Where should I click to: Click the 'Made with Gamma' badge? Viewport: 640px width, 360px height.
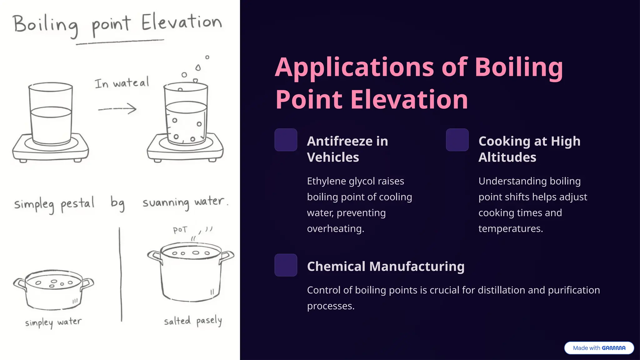coord(599,348)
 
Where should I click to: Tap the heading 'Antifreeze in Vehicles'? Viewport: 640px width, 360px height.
coord(347,149)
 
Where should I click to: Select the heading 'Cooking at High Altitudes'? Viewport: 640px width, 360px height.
coord(529,149)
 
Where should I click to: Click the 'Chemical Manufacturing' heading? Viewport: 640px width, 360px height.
coord(385,267)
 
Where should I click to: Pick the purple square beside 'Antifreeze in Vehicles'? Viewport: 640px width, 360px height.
coord(286,140)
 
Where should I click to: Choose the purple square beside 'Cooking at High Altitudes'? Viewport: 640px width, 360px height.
coord(457,140)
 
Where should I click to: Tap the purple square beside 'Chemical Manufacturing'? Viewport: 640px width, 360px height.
coord(286,265)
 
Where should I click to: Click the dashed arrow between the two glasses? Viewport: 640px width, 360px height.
coord(117,109)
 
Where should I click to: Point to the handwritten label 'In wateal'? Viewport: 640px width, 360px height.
coord(122,83)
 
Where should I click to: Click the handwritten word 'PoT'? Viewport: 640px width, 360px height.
coord(180,230)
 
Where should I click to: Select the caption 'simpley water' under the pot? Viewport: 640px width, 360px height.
coord(53,322)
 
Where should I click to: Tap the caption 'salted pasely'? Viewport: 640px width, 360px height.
coord(193,321)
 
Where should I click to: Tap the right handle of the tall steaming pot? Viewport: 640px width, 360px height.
coord(227,256)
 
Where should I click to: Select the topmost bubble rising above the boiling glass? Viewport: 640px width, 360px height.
coord(207,57)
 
